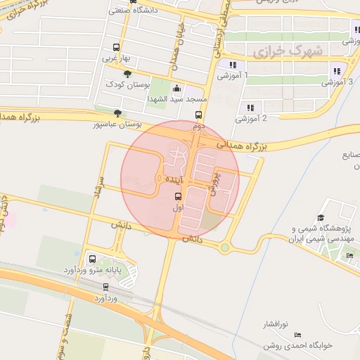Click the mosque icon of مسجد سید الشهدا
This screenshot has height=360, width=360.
tap(176, 89)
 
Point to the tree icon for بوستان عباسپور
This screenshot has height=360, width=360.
tap(117, 113)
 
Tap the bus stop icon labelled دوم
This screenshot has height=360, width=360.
tap(199, 115)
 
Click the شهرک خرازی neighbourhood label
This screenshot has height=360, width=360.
tap(288, 51)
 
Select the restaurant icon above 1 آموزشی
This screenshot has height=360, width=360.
tap(232, 65)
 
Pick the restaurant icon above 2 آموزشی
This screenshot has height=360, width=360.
tap(250, 108)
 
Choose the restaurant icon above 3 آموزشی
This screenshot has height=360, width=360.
tap(337, 71)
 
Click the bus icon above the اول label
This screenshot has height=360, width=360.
tap(176, 198)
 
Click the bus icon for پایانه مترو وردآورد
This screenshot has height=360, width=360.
tap(91, 259)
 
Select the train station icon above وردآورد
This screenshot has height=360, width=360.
tap(106, 287)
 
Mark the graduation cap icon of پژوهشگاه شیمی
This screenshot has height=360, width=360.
tap(321, 218)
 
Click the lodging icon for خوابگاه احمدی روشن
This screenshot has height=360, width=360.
tap(297, 334)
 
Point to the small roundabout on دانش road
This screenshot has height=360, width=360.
tap(224, 247)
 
